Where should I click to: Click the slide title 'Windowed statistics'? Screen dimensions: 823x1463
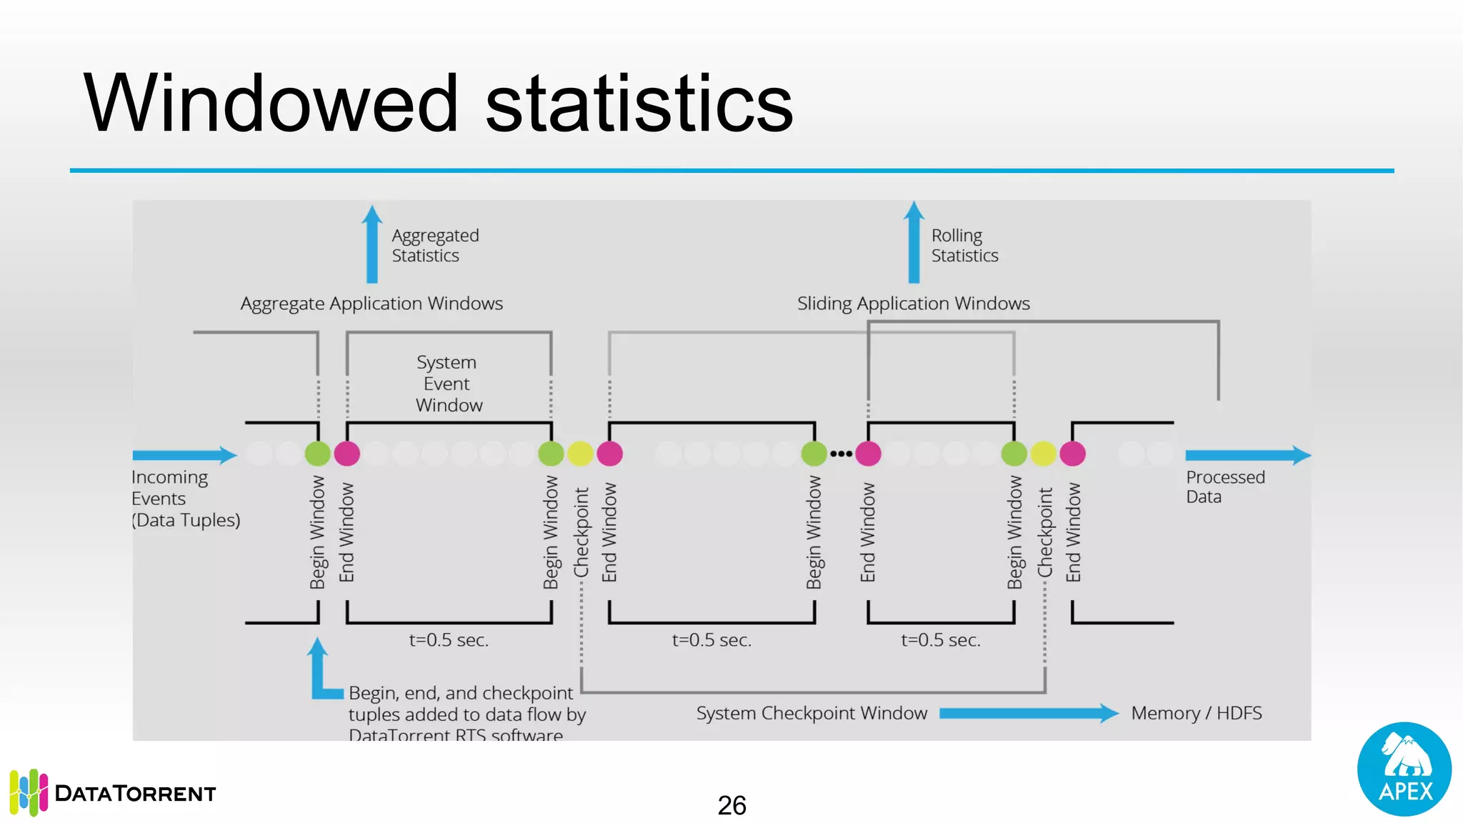[x=438, y=104]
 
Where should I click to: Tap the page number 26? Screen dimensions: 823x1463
[x=731, y=805]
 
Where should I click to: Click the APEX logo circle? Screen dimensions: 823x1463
[x=1404, y=769]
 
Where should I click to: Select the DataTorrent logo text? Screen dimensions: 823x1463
[x=135, y=793]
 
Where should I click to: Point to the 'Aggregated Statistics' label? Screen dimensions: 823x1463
[x=435, y=245]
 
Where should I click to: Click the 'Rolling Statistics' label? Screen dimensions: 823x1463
[x=964, y=245]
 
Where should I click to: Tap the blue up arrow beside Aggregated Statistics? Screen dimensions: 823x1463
[x=371, y=245]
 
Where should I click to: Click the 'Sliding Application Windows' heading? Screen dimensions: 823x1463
[x=913, y=304]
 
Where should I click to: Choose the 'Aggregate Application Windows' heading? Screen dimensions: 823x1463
[x=371, y=304]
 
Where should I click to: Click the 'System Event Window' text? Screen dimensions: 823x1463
[x=449, y=384]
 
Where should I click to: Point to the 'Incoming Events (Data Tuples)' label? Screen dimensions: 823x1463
[x=185, y=499]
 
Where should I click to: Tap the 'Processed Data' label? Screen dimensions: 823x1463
[x=1224, y=487]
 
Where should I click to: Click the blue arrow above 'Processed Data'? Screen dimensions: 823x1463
[x=1247, y=455]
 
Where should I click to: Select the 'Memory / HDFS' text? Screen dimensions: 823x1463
[x=1196, y=713]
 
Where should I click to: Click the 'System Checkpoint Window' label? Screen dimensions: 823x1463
[x=812, y=713]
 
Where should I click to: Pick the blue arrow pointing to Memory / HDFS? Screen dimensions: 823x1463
[x=1029, y=713]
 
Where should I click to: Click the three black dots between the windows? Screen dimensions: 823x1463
[x=841, y=454]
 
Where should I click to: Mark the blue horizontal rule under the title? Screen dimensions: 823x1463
[x=731, y=171]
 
